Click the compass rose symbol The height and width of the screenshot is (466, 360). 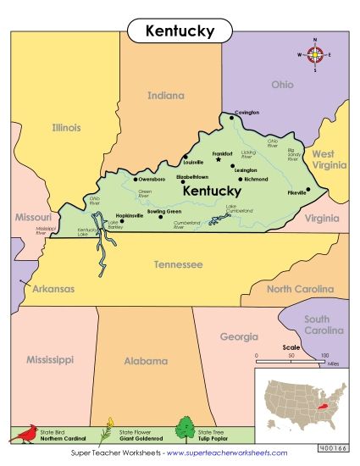(315, 56)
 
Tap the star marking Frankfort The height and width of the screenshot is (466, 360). (219, 159)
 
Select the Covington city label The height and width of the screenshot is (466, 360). (247, 112)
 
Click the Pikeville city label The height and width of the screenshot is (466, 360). (296, 192)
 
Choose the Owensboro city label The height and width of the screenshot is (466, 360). (152, 180)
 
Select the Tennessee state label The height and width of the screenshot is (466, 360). (178, 265)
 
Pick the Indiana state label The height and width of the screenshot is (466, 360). (165, 96)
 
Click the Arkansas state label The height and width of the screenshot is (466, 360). (53, 289)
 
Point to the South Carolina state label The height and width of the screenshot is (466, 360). (325, 325)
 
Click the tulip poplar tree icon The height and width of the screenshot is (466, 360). (185, 430)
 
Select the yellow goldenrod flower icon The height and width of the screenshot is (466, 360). (107, 431)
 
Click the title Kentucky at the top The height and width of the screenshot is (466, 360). (180, 31)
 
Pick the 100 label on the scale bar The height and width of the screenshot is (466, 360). (324, 356)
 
